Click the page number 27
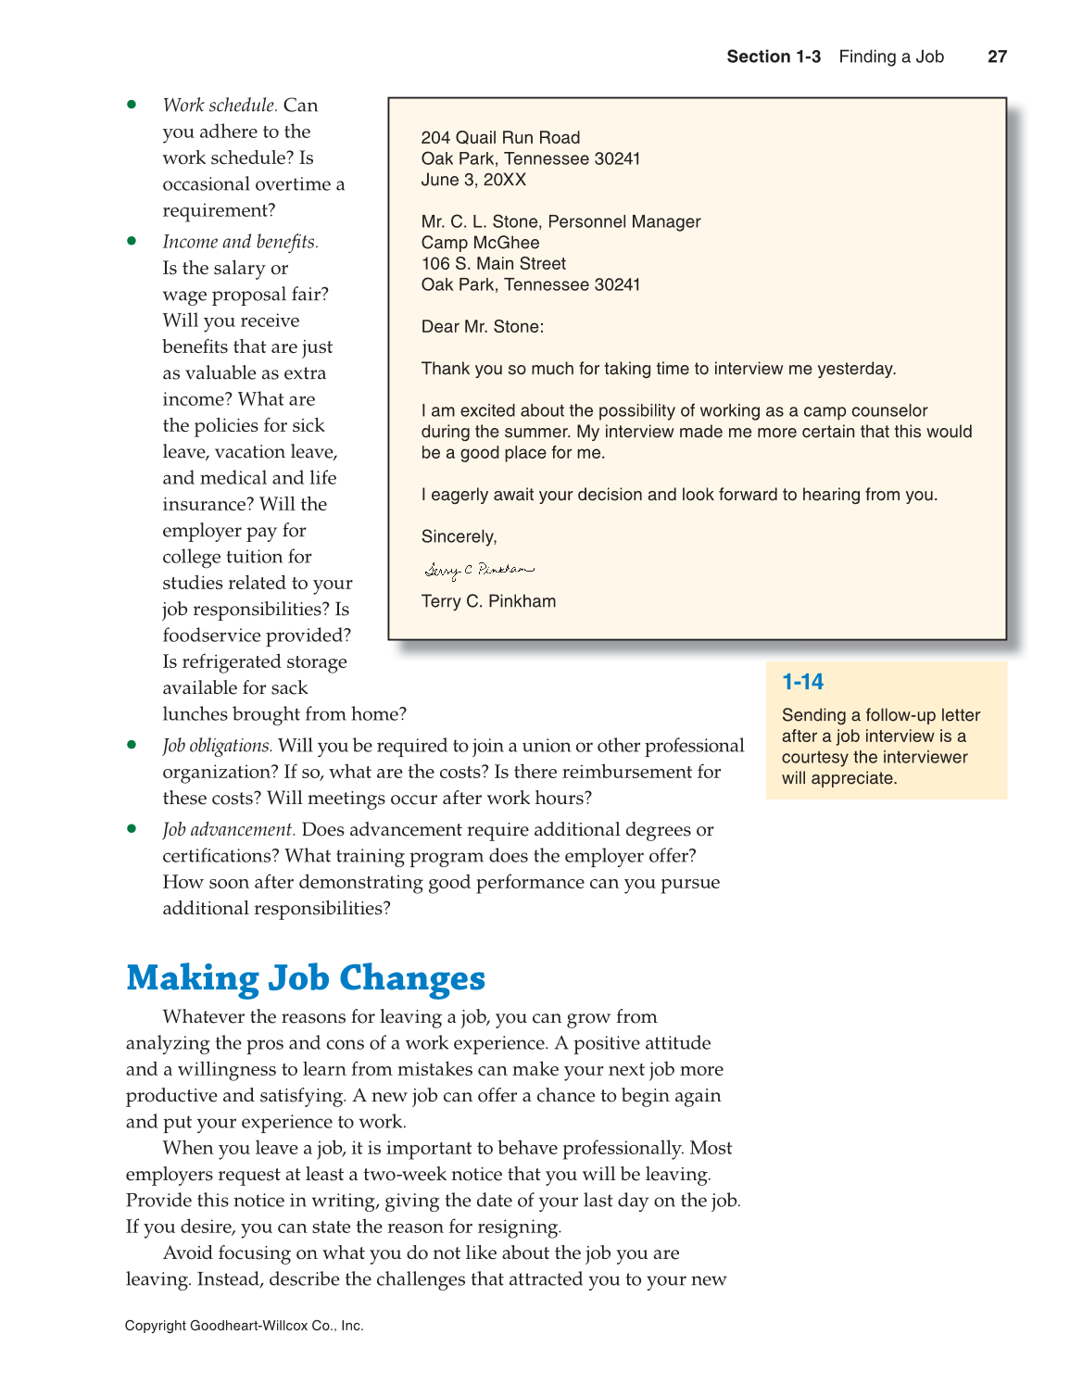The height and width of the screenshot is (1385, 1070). [997, 57]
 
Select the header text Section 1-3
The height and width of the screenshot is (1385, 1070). [773, 57]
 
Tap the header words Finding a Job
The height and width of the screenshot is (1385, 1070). [890, 57]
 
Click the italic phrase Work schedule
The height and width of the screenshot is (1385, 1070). [220, 106]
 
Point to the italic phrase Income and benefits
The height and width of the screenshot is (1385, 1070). [240, 242]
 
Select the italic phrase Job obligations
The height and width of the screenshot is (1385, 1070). [217, 746]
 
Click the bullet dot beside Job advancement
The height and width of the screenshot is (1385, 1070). [132, 828]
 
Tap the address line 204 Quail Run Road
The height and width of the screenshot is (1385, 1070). [500, 138]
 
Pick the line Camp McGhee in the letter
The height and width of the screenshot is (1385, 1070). [480, 243]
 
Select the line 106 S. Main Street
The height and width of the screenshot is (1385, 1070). [493, 264]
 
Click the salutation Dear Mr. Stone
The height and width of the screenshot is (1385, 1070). [482, 327]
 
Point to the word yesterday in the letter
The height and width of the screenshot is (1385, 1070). [856, 369]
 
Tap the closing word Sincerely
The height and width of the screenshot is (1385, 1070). [459, 537]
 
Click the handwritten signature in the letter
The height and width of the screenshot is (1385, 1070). [479, 570]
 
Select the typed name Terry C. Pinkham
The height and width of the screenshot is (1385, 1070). [488, 601]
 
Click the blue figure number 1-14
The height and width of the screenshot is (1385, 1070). [802, 682]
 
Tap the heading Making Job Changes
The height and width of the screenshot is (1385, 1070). [306, 978]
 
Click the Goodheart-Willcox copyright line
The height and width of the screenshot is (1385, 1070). [244, 1326]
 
